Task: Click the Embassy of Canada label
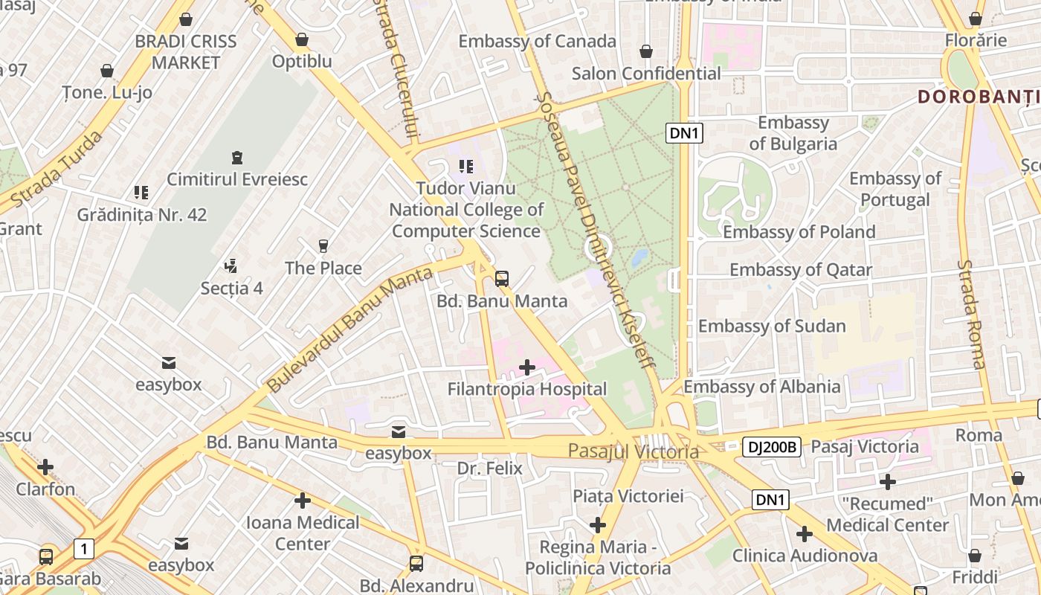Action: [537, 41]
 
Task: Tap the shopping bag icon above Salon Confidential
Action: [646, 51]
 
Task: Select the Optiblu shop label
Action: [302, 61]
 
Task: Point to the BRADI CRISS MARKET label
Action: [186, 52]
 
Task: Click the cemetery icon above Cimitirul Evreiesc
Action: [236, 158]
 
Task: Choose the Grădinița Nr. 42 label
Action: [142, 215]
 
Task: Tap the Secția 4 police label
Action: [231, 287]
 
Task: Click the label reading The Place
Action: [323, 268]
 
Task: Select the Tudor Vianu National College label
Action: [466, 210]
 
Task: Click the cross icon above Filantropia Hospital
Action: [527, 367]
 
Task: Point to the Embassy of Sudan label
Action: [772, 326]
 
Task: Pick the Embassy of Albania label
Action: [762, 386]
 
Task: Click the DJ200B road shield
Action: [771, 447]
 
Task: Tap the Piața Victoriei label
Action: [628, 495]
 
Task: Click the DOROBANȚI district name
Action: [979, 96]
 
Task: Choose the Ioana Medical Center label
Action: [303, 533]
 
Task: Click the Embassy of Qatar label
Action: [801, 269]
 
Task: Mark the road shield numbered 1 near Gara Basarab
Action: [84, 550]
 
